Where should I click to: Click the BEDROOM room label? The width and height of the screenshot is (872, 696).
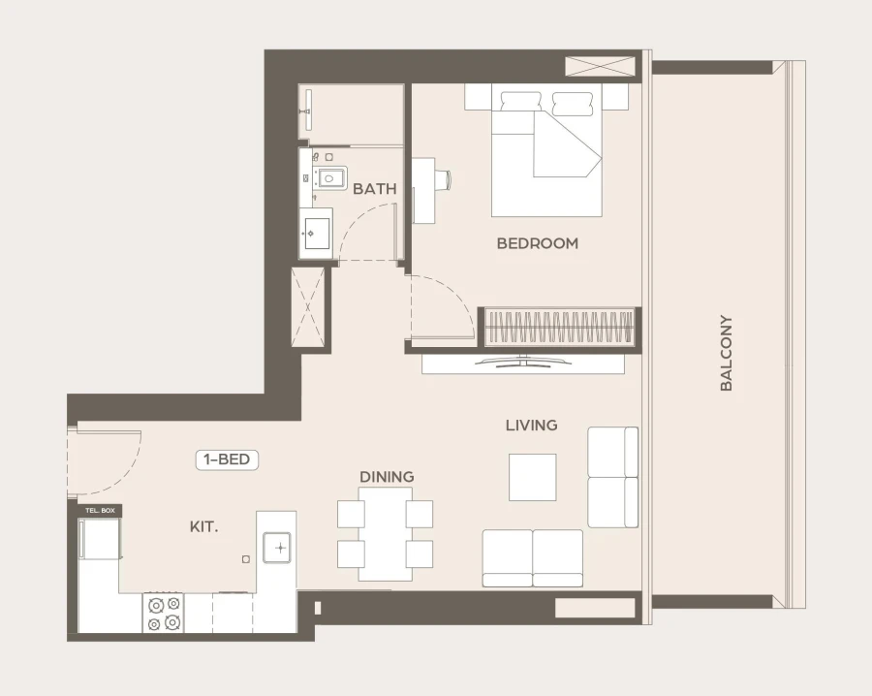point(537,243)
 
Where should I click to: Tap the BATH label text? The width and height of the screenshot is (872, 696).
point(374,189)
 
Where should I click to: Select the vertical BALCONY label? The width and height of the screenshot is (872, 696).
point(726,353)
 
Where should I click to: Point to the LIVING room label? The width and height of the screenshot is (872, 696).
point(531,425)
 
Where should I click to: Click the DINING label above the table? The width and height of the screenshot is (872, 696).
point(387,477)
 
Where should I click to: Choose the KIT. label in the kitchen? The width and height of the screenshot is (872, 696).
point(203,527)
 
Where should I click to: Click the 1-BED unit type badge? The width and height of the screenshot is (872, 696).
point(228,460)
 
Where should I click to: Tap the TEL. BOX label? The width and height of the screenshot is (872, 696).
point(100,510)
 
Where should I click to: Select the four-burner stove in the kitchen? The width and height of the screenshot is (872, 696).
point(163,612)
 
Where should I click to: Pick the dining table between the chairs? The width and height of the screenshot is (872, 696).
point(386,533)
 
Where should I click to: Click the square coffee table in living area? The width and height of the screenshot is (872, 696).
point(533,477)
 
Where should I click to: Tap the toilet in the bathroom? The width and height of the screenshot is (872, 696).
point(328,177)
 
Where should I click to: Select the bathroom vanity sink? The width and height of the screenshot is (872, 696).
point(316,233)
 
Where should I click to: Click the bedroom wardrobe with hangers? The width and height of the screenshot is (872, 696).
point(559,326)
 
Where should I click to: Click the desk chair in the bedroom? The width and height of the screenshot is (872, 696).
point(442,179)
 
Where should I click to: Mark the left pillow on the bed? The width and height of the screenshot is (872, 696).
point(520,100)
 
